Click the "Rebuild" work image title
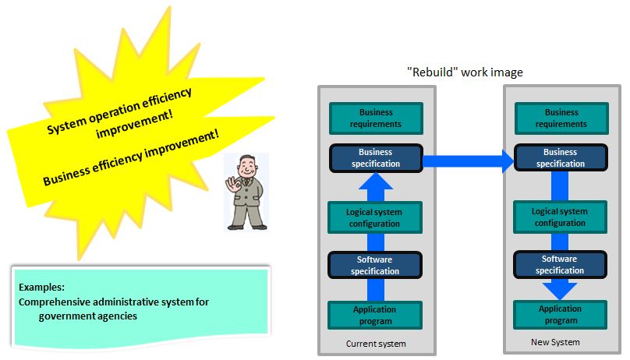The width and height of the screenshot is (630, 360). tap(465, 72)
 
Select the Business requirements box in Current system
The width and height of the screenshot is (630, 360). tap(376, 118)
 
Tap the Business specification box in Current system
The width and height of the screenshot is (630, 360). tap(376, 158)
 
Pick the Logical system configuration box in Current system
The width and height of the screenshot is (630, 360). tap(375, 217)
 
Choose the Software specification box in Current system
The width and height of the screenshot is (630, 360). tap(375, 265)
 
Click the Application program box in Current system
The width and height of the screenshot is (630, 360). tap(375, 315)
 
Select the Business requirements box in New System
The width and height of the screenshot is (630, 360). tap(561, 118)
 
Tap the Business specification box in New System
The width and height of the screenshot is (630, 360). tap(561, 157)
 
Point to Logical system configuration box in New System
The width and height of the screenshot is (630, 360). tap(560, 217)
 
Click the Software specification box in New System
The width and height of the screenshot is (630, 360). tap(560, 264)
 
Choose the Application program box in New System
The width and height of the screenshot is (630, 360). tap(560, 315)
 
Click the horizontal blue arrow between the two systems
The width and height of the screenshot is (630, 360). tap(469, 161)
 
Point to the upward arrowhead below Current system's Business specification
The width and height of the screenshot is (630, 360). tap(376, 181)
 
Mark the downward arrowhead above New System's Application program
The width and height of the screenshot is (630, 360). tap(560, 291)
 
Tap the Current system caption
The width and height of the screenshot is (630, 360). tap(376, 344)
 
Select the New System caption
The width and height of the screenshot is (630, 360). tap(555, 342)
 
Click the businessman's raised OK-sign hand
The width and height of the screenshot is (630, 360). tap(232, 185)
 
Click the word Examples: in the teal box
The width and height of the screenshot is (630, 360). tap(41, 288)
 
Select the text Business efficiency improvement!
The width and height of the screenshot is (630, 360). tap(131, 157)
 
